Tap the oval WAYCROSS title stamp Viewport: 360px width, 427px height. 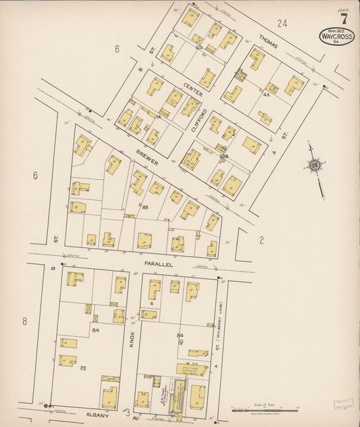click(x=336, y=35)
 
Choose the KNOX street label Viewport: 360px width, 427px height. click(x=132, y=338)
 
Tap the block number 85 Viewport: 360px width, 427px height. click(x=145, y=207)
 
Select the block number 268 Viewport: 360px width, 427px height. click(x=224, y=156)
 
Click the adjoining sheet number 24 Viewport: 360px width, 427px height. click(x=282, y=23)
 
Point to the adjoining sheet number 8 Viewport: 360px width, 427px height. click(x=24, y=321)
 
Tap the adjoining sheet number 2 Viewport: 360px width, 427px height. click(x=261, y=239)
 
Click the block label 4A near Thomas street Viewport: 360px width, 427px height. click(x=266, y=94)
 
